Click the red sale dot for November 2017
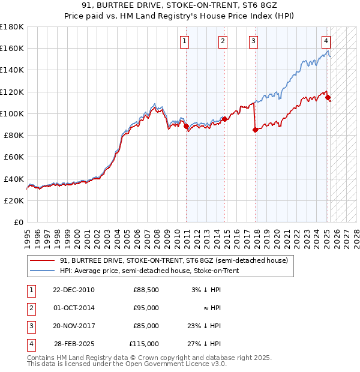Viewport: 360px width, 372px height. coord(256,129)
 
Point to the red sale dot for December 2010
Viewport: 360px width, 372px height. coord(187,126)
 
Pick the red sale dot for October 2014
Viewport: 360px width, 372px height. coord(224,119)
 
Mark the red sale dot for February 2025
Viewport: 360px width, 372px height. coord(328,97)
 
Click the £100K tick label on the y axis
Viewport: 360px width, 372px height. coord(12,113)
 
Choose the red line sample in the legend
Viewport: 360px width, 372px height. coord(42,260)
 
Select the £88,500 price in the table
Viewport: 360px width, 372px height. coord(146,290)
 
